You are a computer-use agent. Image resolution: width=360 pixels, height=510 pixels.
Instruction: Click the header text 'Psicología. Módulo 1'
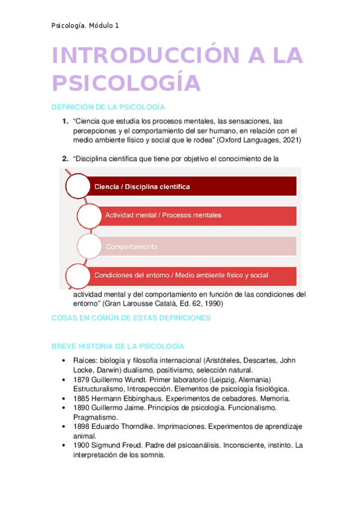coord(85,25)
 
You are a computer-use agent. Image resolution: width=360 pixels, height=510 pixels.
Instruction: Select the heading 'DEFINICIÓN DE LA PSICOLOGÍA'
coord(108,107)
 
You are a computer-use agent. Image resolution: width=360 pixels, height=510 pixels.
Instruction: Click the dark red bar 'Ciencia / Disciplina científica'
coord(192,187)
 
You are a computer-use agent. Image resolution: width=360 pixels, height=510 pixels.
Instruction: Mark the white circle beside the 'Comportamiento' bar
coord(89,246)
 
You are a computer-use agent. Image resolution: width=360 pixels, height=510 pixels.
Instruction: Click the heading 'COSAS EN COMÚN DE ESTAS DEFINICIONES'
coord(131,318)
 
